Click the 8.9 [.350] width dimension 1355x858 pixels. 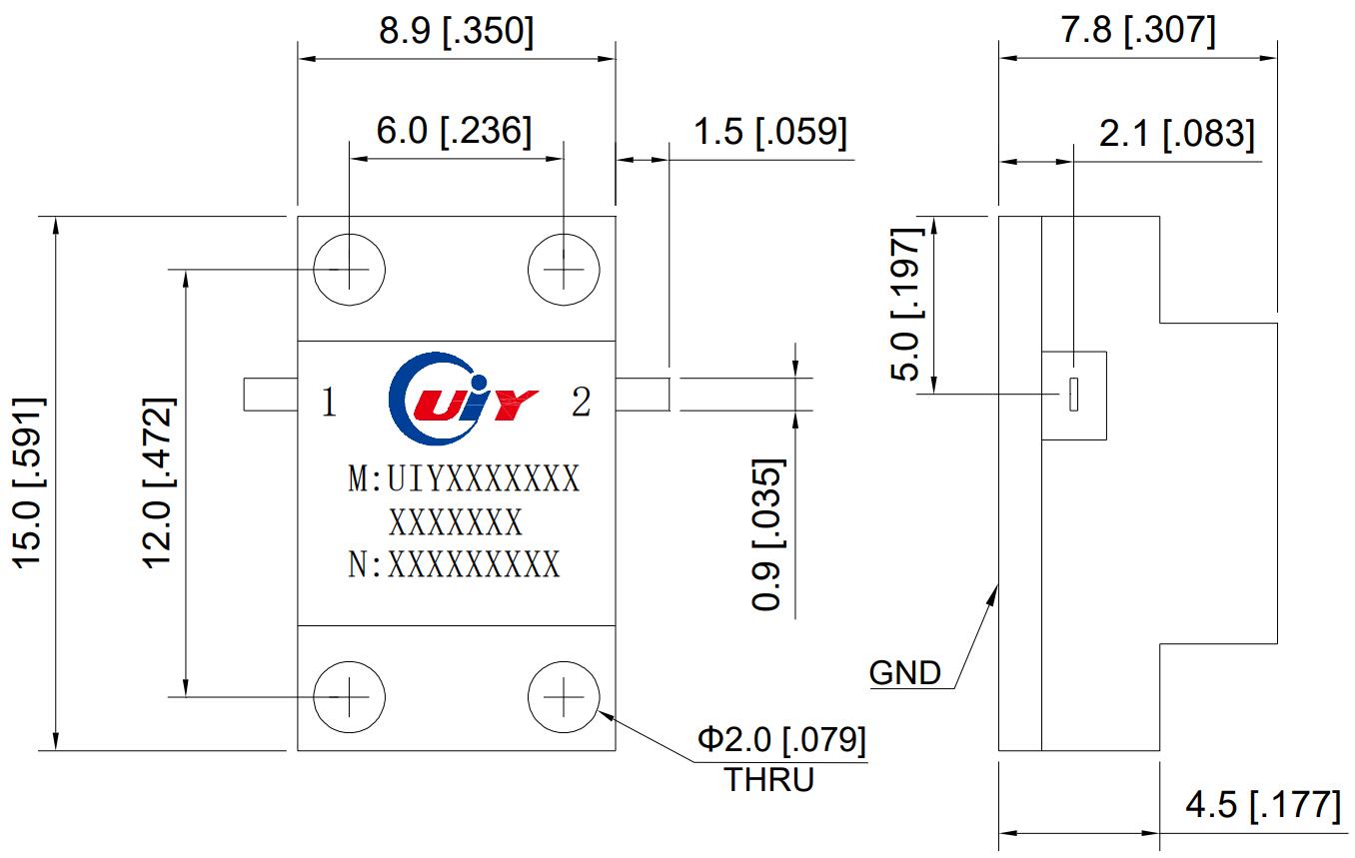[x=456, y=32]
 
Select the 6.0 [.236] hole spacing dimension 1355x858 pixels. [x=454, y=130]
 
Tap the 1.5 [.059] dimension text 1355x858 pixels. [x=770, y=131]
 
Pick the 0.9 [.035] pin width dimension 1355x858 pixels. [x=767, y=534]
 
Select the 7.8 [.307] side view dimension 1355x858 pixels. [x=1138, y=32]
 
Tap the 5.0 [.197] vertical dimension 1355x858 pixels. [x=909, y=304]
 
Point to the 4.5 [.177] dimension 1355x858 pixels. [x=1262, y=805]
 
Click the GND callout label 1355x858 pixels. [x=904, y=673]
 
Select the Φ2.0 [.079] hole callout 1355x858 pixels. [x=781, y=740]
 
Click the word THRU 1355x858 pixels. [x=768, y=779]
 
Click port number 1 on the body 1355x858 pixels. [x=328, y=403]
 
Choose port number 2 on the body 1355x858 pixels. [x=581, y=403]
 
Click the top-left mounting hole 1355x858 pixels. [x=349, y=270]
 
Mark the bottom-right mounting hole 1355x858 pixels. [x=563, y=695]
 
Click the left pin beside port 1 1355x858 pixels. [x=270, y=394]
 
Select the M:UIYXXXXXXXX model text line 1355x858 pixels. [x=463, y=479]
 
